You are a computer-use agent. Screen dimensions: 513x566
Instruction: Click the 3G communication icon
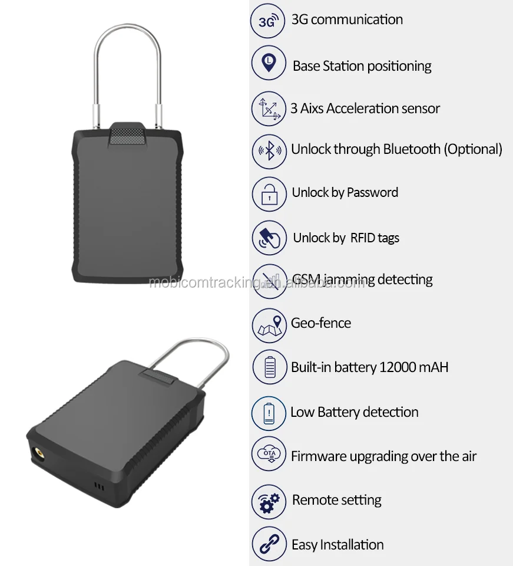(269, 21)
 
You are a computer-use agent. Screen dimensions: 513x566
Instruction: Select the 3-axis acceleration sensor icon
(269, 108)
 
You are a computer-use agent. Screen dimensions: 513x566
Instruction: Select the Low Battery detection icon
(269, 412)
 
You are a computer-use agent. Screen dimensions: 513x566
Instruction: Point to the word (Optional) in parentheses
(474, 150)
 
